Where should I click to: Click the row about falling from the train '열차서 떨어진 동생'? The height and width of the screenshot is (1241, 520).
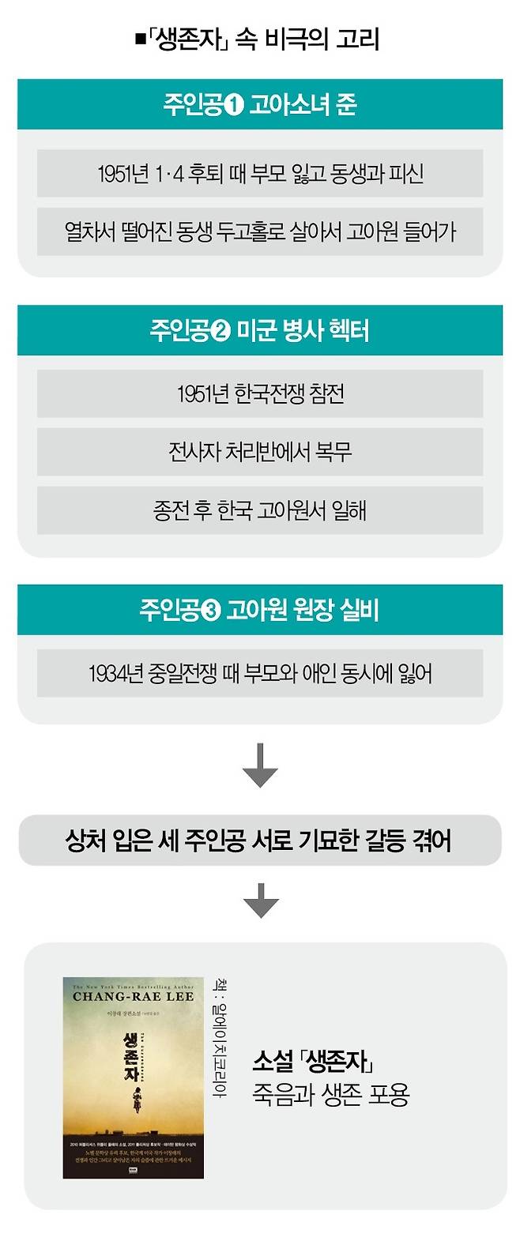260,232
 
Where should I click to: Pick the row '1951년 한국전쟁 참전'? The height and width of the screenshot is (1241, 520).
260,393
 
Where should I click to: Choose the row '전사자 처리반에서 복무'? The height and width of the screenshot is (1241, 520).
260,452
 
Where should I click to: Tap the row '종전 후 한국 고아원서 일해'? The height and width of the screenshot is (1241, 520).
260,510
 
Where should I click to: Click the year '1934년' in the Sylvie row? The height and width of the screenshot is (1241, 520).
115,674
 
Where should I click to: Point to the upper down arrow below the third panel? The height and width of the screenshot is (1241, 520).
260,765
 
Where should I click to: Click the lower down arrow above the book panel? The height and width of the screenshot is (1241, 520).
260,900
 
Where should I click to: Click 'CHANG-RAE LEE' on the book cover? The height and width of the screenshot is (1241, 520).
133,997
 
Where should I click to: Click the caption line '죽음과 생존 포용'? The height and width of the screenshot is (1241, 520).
331,1095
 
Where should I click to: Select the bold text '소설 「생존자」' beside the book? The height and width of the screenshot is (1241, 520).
313,1061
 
